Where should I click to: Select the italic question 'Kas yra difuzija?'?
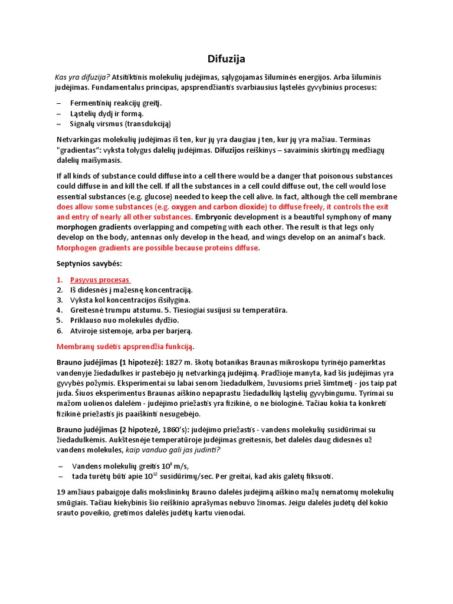pyautogui.click(x=82, y=77)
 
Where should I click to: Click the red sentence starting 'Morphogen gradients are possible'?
pyautogui.click(x=157, y=248)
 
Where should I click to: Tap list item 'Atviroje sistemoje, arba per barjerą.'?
pyautogui.click(x=131, y=330)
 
